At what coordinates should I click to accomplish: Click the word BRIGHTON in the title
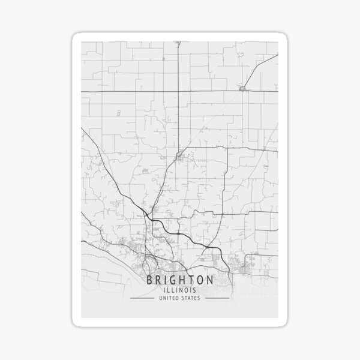click(x=180, y=280)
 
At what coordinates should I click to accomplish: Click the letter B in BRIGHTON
click(x=150, y=280)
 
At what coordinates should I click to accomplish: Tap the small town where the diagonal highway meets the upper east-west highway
click(x=243, y=89)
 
